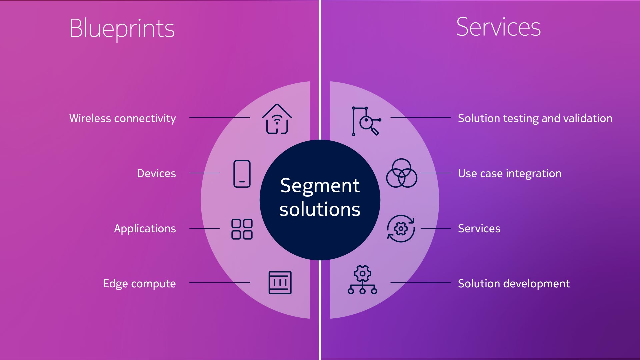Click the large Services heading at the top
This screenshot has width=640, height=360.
click(498, 27)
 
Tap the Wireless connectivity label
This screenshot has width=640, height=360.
click(123, 118)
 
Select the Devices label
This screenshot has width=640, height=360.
click(156, 173)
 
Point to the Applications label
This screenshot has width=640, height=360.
click(145, 229)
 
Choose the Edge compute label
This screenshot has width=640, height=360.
click(139, 284)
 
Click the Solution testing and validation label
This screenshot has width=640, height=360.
click(535, 118)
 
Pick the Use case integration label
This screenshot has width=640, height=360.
click(510, 174)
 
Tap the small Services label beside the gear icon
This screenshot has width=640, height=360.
click(479, 229)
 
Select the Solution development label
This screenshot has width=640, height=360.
click(514, 284)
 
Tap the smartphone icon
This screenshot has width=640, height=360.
click(242, 174)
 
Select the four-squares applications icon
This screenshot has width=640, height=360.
click(242, 229)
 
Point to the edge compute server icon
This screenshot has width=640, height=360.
click(280, 283)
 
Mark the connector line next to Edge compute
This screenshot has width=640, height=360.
click(220, 283)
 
